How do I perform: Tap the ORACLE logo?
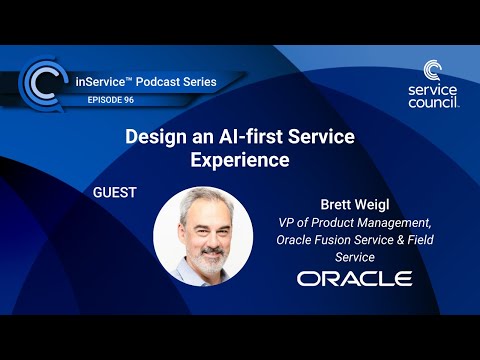point(354,277)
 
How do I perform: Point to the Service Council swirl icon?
point(433,72)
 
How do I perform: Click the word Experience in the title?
point(239,158)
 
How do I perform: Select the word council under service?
point(434,102)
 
